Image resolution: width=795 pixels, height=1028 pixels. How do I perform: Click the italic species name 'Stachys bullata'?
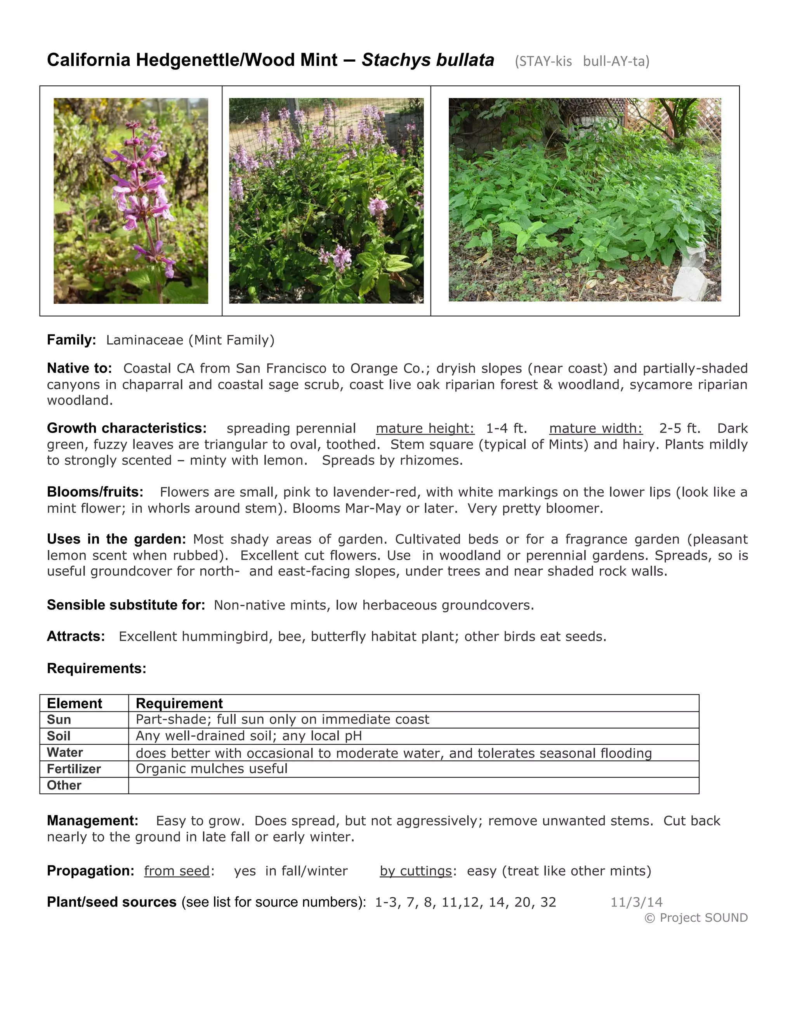point(428,60)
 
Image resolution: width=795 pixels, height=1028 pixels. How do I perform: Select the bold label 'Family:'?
point(71,340)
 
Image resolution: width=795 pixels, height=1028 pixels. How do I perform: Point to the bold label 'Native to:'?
point(79,368)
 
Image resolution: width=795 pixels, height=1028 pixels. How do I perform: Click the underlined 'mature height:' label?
point(425,428)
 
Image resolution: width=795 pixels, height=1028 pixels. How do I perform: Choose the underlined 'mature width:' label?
point(595,428)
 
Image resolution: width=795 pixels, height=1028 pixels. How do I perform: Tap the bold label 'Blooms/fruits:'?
point(95,492)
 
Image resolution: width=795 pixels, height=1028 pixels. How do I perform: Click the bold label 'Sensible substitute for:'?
point(126,605)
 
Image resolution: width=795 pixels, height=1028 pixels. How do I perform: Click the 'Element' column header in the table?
point(75,703)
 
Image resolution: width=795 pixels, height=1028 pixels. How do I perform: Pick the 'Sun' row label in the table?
point(59,720)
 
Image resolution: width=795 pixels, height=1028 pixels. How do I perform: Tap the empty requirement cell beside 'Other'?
point(413,786)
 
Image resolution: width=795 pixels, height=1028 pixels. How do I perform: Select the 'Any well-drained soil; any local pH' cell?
point(249,736)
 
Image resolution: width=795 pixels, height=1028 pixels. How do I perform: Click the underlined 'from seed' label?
point(177,871)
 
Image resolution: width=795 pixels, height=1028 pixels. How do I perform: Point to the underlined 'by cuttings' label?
point(416,871)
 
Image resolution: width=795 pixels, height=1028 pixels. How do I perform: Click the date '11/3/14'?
point(636,902)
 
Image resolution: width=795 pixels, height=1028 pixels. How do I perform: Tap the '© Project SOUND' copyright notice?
point(696,918)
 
